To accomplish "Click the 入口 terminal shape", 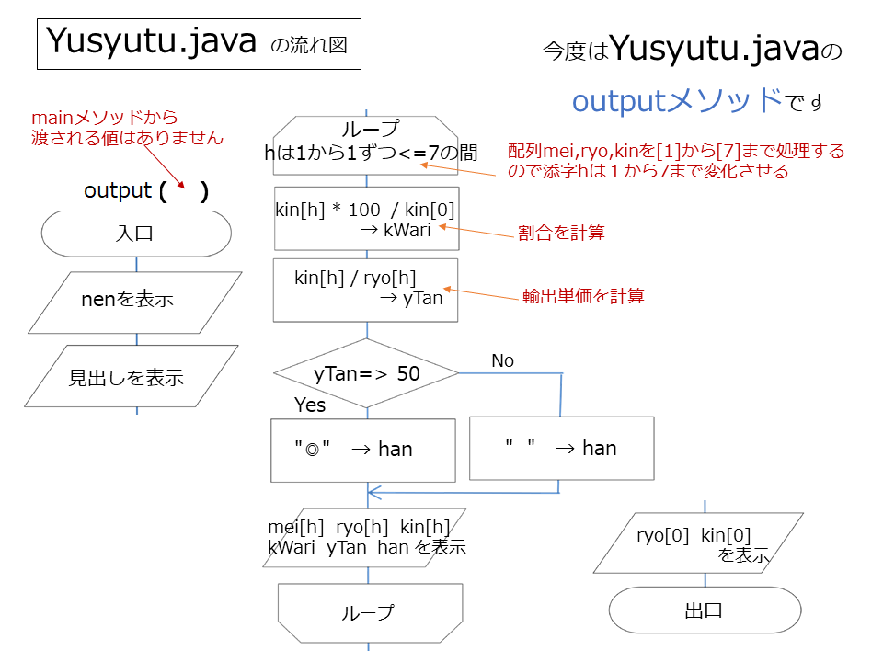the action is pyautogui.click(x=136, y=233).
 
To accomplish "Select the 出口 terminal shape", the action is pyautogui.click(x=705, y=611).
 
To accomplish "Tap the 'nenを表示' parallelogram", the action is pyautogui.click(x=135, y=302).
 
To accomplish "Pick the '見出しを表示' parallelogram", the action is pyautogui.click(x=132, y=376).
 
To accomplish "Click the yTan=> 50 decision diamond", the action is pyautogui.click(x=366, y=373).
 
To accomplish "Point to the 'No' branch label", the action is pyautogui.click(x=502, y=360).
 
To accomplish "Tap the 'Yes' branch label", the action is pyautogui.click(x=310, y=405).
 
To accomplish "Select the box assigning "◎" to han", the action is pyautogui.click(x=363, y=451).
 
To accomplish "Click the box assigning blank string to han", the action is pyautogui.click(x=561, y=448).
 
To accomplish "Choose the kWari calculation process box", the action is pyautogui.click(x=367, y=219).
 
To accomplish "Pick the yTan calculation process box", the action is pyautogui.click(x=365, y=291).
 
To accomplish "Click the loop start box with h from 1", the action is pyautogui.click(x=366, y=145).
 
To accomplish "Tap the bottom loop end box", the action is pyautogui.click(x=370, y=613).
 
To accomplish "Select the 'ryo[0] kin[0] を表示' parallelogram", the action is pyautogui.click(x=698, y=543).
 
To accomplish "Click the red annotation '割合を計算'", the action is pyautogui.click(x=561, y=233).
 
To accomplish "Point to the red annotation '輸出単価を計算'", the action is pyautogui.click(x=583, y=295).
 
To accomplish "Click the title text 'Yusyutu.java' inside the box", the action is pyautogui.click(x=151, y=41).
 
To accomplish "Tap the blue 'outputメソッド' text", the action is pyautogui.click(x=678, y=101).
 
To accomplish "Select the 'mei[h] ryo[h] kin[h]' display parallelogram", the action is pyautogui.click(x=364, y=538).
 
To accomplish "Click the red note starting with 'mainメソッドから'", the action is pyautogui.click(x=127, y=128).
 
